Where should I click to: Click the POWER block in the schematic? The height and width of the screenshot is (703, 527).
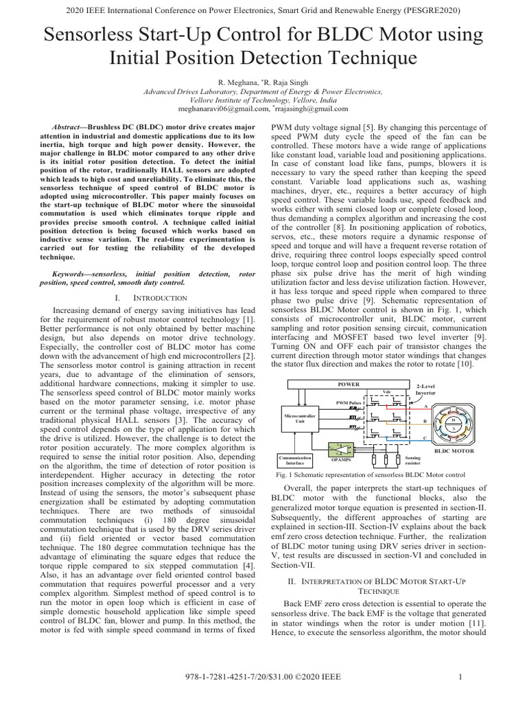coord(348,384)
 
